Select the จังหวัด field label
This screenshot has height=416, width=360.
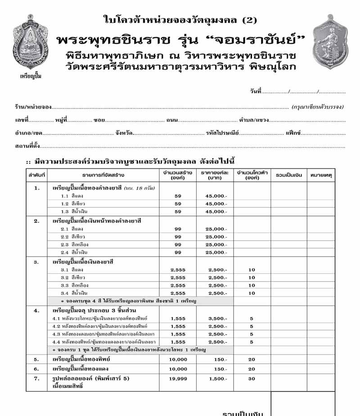click(x=124, y=133)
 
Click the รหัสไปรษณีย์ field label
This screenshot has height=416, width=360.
click(x=222, y=133)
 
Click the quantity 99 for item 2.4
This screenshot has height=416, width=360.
click(x=178, y=253)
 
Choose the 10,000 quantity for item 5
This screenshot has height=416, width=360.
click(x=178, y=359)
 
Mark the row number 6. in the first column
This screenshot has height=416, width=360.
click(x=36, y=369)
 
